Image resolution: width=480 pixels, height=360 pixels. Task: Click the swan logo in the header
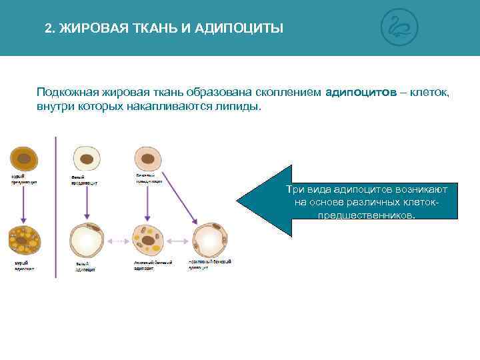click(x=399, y=28)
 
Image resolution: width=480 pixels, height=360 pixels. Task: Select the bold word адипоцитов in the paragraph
click(x=361, y=93)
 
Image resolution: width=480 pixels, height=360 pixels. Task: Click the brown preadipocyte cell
click(x=23, y=159)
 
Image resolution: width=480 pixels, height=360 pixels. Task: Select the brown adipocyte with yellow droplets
click(x=25, y=241)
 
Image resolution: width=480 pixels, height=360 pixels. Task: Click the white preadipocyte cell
click(x=86, y=159)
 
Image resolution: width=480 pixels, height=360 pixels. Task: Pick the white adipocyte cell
click(x=87, y=241)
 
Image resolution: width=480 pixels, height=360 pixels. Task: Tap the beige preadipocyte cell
click(x=148, y=159)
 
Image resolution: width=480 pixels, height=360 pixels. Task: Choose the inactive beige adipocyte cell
click(x=210, y=241)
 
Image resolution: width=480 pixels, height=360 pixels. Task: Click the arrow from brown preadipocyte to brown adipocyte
click(x=24, y=203)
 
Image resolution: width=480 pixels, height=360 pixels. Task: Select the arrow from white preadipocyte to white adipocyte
click(x=86, y=203)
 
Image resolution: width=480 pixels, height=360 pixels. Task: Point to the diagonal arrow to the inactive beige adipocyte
click(x=179, y=197)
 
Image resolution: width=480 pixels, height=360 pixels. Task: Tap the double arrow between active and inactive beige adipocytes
click(x=179, y=241)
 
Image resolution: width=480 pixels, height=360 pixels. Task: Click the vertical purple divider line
click(x=55, y=207)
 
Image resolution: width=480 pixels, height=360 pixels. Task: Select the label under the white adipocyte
click(x=85, y=267)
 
